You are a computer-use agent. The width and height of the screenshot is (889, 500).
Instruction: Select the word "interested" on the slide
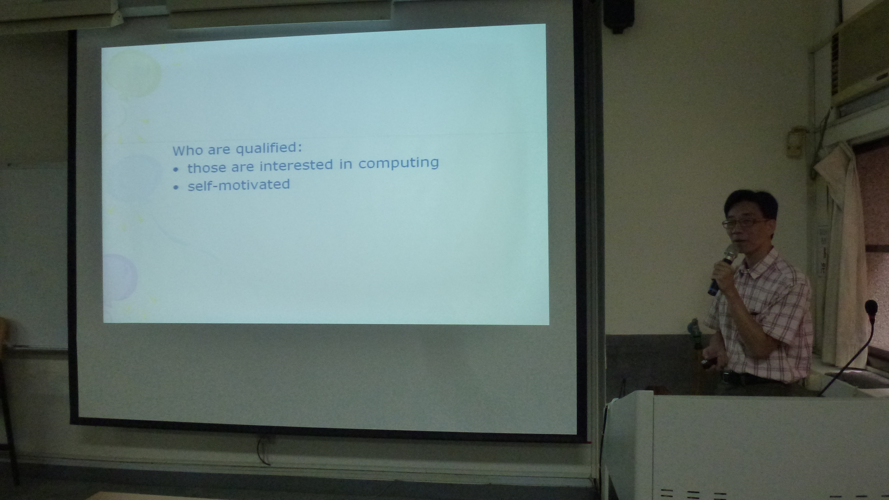(296, 165)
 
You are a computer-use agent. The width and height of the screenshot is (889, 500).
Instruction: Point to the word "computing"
(399, 163)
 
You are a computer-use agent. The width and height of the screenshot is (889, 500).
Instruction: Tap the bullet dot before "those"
(176, 170)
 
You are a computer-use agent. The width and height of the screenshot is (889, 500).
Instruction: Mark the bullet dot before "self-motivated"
(176, 187)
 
